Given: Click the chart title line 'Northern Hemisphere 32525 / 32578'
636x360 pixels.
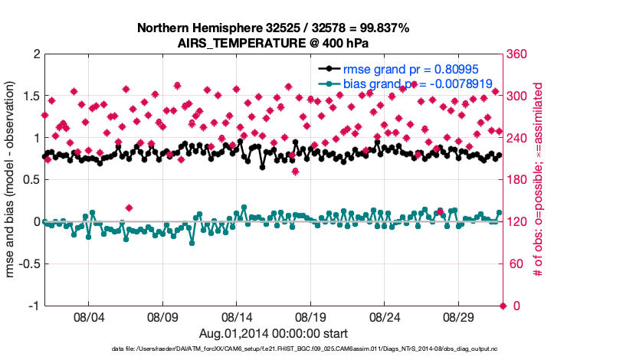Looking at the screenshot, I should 273,28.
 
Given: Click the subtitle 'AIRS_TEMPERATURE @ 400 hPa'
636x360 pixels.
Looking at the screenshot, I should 273,43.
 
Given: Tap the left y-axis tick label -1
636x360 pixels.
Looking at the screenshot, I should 33,306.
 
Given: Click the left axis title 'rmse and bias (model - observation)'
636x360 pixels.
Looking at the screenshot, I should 11,180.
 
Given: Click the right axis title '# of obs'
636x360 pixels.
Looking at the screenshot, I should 539,180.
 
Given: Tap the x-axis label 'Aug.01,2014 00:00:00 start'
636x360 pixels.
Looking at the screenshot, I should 274,333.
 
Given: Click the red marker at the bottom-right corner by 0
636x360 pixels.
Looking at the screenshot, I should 503,306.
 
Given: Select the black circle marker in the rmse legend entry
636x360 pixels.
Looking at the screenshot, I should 329,68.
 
